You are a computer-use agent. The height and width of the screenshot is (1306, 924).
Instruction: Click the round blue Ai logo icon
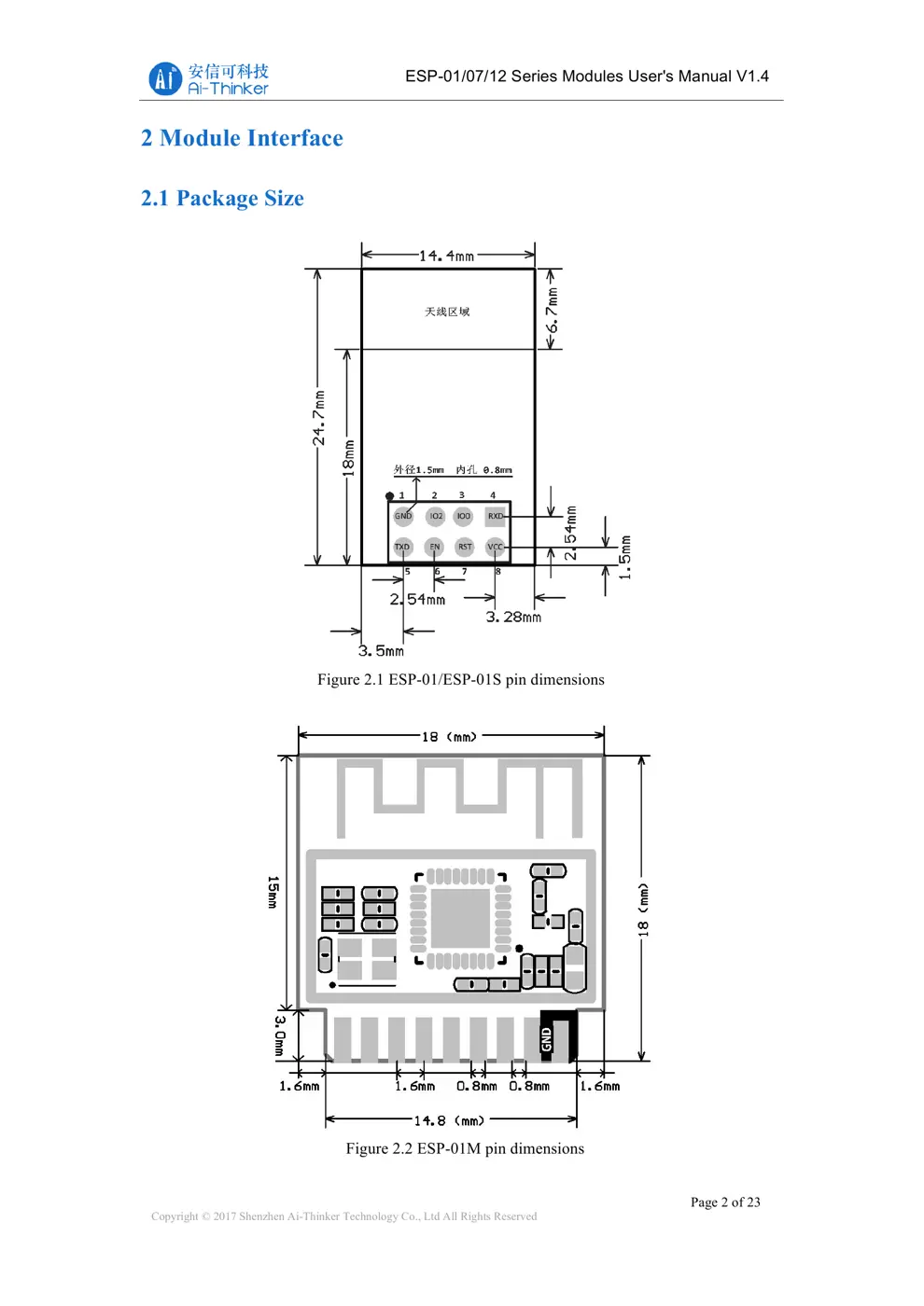click(165, 79)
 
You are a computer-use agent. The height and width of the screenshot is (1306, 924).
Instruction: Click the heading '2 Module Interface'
click(242, 138)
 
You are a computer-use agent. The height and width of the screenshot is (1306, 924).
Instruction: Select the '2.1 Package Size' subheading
click(222, 199)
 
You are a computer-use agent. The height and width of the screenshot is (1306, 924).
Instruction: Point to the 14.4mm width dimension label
click(446, 256)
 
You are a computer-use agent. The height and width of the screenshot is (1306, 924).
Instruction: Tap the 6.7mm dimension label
click(553, 311)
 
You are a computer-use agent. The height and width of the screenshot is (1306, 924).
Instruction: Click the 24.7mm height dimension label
click(319, 417)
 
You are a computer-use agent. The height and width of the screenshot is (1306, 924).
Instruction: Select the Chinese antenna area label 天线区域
click(447, 312)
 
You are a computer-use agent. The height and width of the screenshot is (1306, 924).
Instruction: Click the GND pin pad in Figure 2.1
click(403, 516)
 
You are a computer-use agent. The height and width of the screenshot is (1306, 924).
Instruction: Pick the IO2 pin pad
click(436, 516)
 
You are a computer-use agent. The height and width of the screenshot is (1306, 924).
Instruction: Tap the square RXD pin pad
click(496, 516)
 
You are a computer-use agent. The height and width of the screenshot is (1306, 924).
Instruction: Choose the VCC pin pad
click(495, 547)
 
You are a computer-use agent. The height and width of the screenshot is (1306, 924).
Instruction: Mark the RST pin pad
click(465, 547)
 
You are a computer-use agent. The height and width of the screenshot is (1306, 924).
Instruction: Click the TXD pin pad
click(402, 547)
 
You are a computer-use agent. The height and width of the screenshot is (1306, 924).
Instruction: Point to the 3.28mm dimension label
click(513, 617)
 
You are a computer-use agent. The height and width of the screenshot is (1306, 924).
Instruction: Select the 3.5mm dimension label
click(381, 650)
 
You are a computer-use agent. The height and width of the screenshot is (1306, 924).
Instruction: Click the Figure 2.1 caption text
click(460, 679)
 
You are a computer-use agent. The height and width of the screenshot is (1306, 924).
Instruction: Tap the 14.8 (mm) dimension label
click(449, 1120)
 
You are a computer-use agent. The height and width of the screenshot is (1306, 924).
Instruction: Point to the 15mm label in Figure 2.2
click(273, 892)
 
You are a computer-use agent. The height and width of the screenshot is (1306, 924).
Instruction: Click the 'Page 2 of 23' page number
click(725, 1202)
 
